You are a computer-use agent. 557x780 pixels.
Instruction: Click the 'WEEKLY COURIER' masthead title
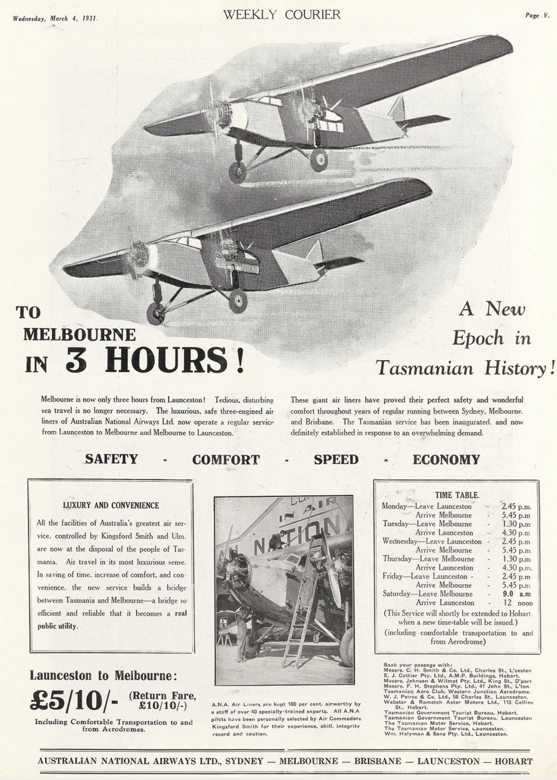coord(281,15)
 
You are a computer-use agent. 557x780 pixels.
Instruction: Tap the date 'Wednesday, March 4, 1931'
coord(54,18)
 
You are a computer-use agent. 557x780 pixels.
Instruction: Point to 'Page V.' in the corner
coord(537,16)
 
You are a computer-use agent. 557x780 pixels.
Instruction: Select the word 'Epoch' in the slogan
coord(478,339)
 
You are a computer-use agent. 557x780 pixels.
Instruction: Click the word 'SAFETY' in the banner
coord(111,459)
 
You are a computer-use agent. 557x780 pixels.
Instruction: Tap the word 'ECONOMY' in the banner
coord(446,460)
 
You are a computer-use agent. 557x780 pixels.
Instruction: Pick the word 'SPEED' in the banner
coord(336,459)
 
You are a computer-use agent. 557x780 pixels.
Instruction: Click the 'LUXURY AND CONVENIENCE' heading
coord(111,506)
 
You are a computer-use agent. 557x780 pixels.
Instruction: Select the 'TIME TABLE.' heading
coord(457,495)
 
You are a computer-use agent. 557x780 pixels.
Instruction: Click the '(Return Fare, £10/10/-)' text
coord(162,701)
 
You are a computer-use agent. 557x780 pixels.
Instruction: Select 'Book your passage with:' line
coord(417,664)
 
